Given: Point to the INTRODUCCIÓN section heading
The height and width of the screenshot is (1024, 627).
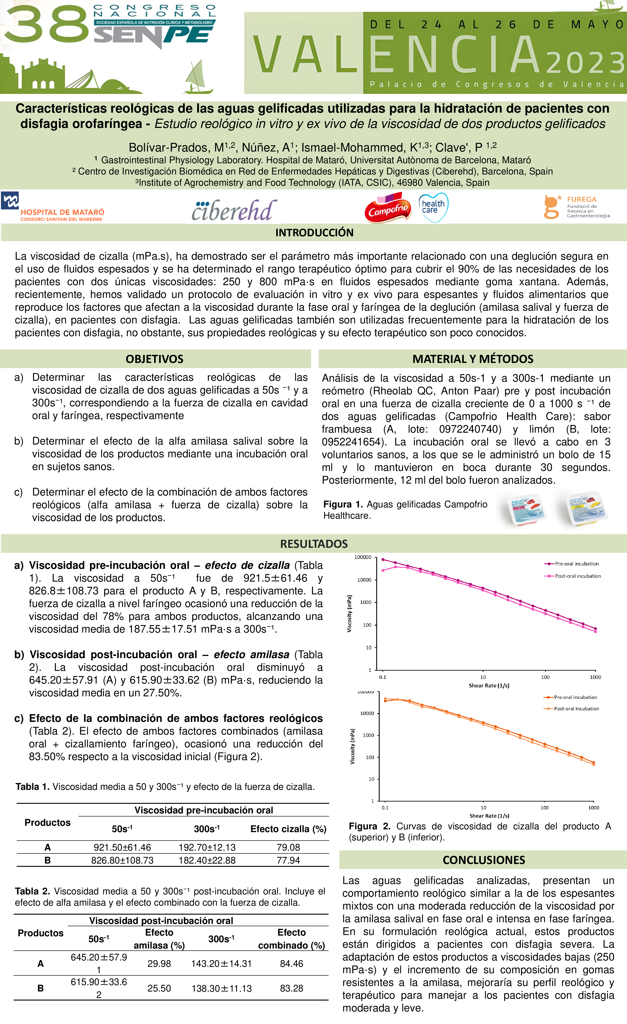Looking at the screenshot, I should [314, 233].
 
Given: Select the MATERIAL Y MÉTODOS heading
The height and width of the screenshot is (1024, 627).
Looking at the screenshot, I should [473, 359].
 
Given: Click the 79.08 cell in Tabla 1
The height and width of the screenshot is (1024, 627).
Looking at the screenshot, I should [288, 847].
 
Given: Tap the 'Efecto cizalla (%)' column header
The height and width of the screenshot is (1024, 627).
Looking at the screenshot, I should [288, 829].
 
